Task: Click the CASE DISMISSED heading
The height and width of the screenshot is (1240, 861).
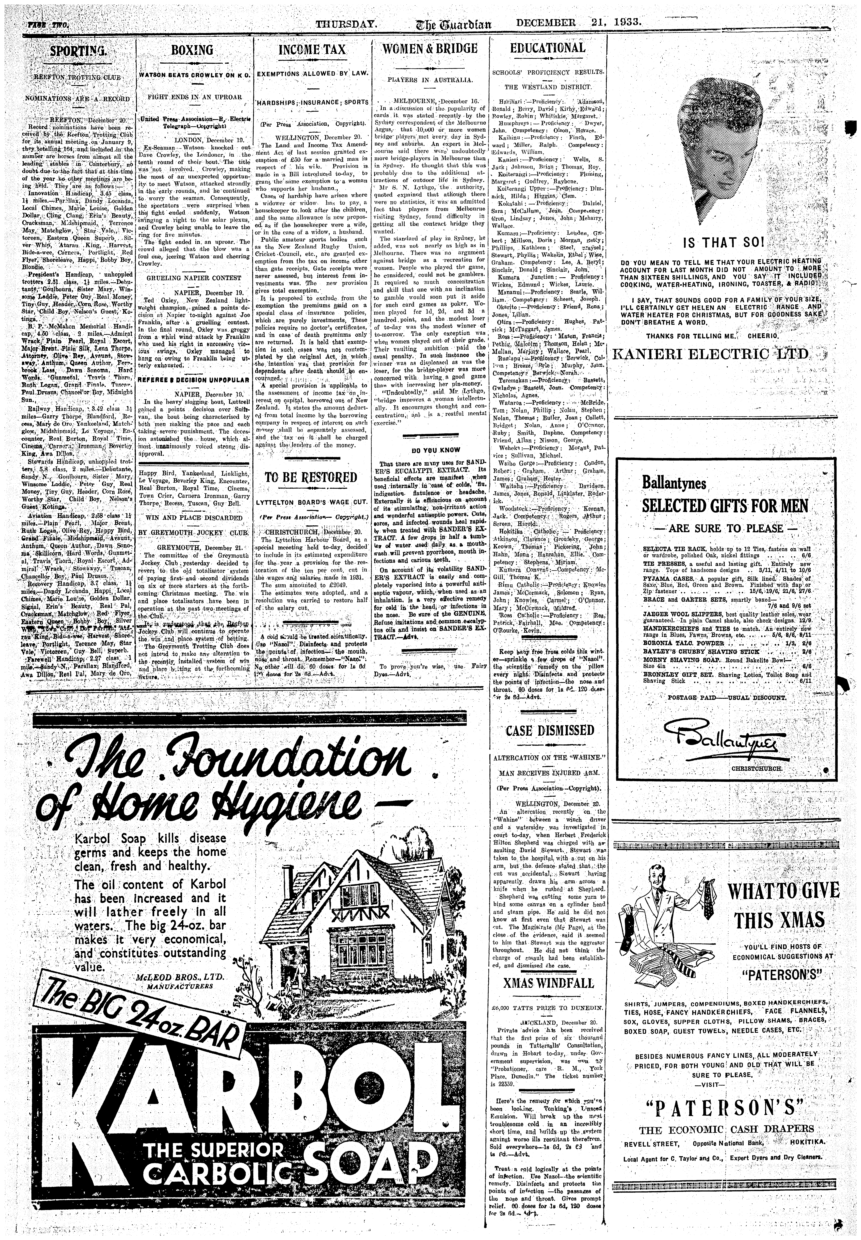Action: click(x=549, y=731)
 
